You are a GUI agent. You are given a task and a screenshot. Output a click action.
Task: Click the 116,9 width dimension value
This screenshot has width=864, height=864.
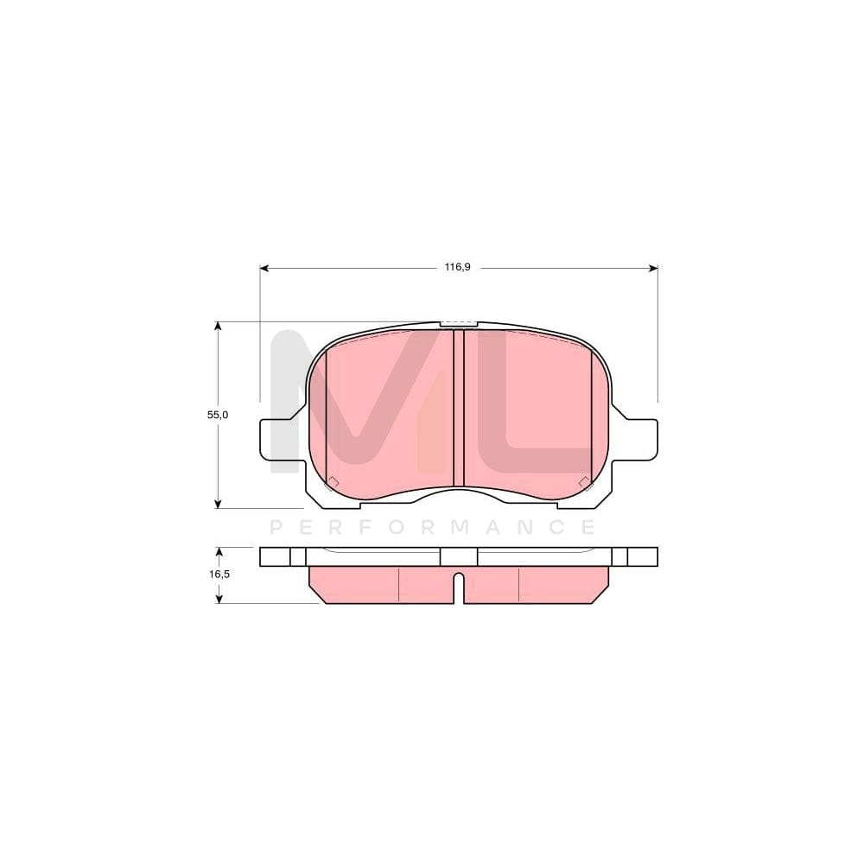457,268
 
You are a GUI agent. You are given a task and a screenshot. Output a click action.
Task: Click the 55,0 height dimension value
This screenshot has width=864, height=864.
218,415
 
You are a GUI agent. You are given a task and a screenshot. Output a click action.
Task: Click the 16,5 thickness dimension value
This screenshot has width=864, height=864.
218,574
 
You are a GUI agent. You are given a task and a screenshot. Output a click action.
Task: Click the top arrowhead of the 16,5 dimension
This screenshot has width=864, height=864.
218,551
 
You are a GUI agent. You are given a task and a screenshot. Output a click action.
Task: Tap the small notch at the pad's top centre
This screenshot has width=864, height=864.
459,325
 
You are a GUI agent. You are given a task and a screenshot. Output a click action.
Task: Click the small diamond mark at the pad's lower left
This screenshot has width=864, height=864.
334,482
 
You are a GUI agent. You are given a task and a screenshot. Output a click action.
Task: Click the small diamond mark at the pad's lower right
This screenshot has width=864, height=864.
585,482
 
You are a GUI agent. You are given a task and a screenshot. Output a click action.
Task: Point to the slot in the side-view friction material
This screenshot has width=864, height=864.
460,588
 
